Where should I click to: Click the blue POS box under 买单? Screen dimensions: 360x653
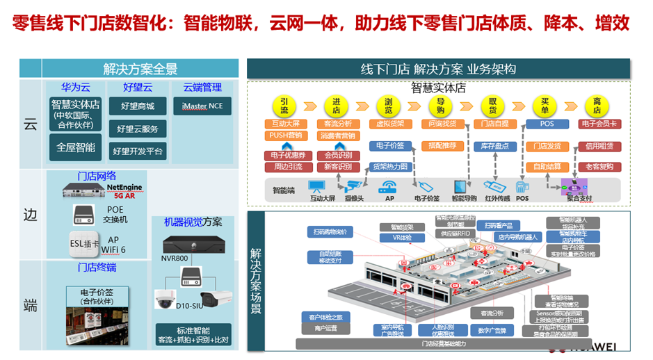[x=547, y=124]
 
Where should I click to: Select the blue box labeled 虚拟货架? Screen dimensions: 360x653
[x=389, y=124]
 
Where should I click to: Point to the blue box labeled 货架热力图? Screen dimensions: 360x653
[x=389, y=167]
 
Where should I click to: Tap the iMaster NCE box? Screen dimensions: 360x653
[x=202, y=106]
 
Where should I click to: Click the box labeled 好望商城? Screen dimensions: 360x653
[x=137, y=106]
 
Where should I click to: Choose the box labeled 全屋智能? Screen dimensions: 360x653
[x=76, y=147]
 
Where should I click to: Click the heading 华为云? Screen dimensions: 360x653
[x=76, y=87]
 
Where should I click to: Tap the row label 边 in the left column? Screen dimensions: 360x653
[x=30, y=215]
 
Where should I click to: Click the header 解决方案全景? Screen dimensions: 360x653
[x=140, y=69]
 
